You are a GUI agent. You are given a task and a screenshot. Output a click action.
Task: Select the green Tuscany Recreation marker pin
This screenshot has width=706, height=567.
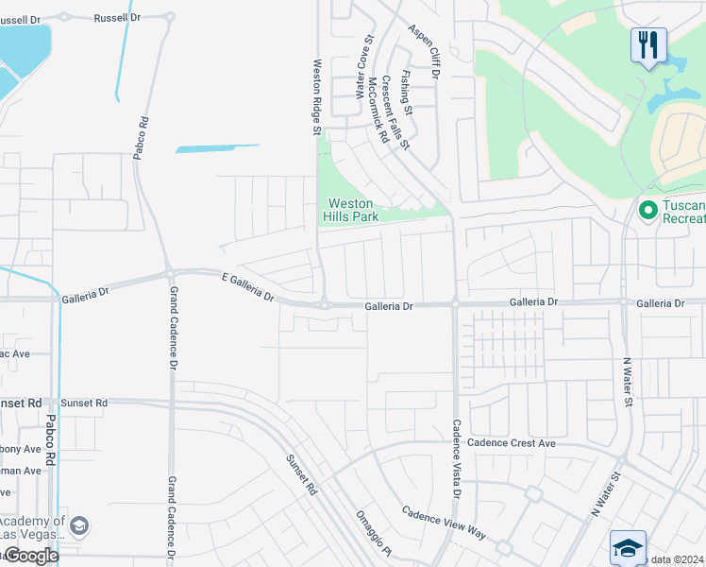coord(647,209)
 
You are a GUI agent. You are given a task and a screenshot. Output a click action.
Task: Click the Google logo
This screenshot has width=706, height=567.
coord(30,556)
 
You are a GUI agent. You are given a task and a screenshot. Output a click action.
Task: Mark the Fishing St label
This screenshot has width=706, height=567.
coord(407,92)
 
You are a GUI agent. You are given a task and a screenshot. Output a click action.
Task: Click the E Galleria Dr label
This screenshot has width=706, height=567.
coord(248,287)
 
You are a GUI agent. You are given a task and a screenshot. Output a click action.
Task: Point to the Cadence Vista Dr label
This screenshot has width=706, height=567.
coord(456,458)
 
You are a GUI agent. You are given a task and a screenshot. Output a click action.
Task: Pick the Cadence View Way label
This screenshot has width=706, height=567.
coord(444,523)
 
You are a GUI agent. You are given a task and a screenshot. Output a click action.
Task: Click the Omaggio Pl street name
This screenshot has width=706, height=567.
coord(373,532)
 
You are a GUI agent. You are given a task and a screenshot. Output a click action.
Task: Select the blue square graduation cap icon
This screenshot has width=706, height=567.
coord(628,547)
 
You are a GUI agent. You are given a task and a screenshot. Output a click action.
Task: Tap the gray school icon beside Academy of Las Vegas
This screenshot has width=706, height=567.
coord(80,525)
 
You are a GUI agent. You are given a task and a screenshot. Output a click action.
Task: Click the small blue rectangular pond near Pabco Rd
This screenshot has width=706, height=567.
coord(216,148)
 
